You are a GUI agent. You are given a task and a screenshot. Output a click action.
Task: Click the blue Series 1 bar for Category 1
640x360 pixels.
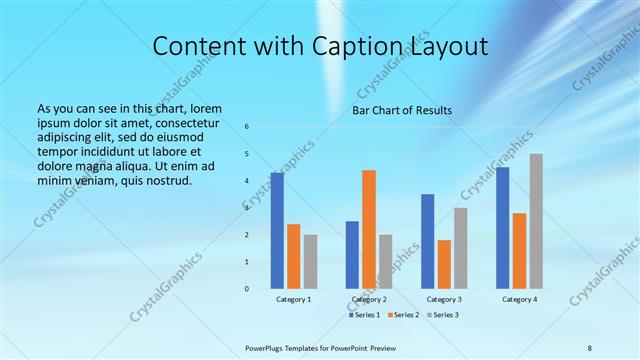coord(277,230)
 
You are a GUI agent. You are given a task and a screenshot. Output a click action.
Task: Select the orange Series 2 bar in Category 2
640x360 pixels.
coord(369,229)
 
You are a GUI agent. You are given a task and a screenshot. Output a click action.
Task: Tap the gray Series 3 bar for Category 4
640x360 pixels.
coord(536,221)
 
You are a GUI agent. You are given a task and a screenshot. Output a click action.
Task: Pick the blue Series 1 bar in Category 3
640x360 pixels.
coord(427,241)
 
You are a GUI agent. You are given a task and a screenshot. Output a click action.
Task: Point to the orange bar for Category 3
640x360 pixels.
coord(444,264)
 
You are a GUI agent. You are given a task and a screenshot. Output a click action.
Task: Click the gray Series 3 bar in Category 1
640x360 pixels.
coord(310,261)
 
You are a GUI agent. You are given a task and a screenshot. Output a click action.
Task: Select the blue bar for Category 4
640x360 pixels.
coord(502,227)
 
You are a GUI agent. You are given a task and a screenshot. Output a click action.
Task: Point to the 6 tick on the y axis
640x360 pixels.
coord(247,127)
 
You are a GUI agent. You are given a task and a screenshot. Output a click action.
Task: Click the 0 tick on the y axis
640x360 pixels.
coord(247,288)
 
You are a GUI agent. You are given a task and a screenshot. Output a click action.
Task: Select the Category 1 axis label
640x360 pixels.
coord(293,299)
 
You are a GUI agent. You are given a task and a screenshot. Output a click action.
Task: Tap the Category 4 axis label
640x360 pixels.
coord(519,299)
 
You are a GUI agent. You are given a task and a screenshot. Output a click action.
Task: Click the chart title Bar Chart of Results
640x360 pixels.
coord(402,110)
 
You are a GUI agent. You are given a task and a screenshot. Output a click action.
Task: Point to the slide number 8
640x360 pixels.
coord(590,347)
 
